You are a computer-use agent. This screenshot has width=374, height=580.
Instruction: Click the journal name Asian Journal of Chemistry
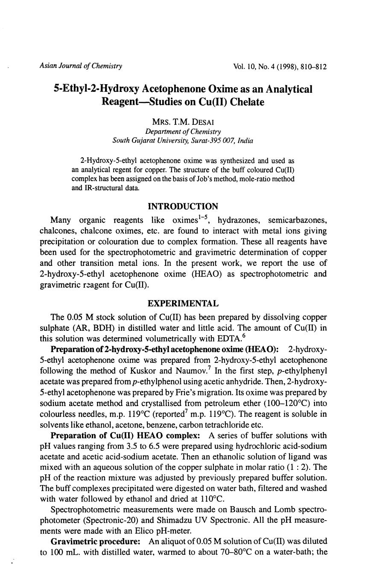point(81,66)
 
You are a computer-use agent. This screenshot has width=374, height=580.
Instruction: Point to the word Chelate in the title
point(245,102)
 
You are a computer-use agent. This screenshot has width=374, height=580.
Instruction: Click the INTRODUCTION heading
point(183,206)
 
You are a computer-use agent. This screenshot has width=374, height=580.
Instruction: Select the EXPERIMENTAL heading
point(183,303)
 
